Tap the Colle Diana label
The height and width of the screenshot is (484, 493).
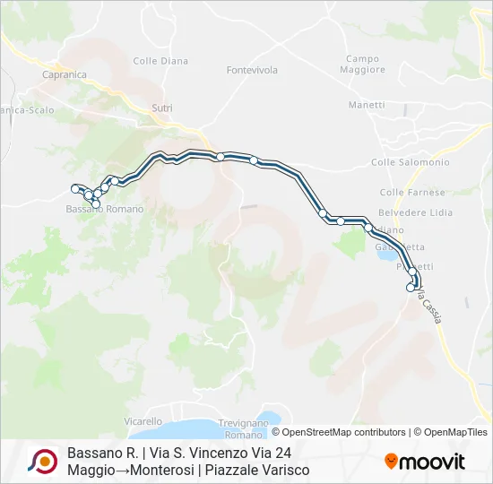160,61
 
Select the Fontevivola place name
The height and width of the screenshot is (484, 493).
252,70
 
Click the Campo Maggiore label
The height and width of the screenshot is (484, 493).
365,65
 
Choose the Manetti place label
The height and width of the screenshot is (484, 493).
367,105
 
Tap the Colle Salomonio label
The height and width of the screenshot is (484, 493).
410,162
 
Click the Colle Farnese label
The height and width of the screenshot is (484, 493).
412,193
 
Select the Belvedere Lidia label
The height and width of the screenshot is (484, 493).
415,213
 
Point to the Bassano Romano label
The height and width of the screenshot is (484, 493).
105,209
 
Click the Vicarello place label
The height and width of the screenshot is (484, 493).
143,421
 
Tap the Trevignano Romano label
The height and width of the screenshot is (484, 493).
243,428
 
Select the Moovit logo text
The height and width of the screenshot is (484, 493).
426,462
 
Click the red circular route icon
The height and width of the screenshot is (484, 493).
42,462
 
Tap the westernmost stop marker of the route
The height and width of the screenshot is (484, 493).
75,188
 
